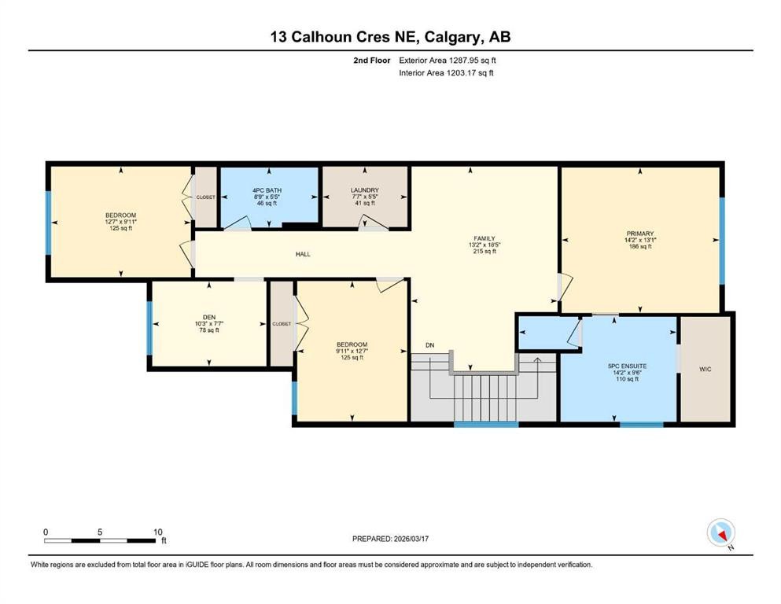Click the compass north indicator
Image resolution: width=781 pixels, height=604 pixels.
pyautogui.click(x=720, y=533)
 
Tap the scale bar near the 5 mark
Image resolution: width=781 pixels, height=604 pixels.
pyautogui.click(x=100, y=540)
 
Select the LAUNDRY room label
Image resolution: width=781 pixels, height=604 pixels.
pyautogui.click(x=364, y=190)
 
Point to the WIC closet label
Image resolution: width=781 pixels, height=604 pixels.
pyautogui.click(x=705, y=369)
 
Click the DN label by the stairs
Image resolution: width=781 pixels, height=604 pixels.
pyautogui.click(x=429, y=345)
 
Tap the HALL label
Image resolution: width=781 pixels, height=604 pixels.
pyautogui.click(x=303, y=254)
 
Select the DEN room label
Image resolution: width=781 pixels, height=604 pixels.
pyautogui.click(x=208, y=317)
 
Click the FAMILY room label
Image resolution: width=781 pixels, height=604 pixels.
pyautogui.click(x=483, y=238)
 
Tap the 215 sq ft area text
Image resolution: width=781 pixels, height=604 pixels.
pyautogui.click(x=483, y=252)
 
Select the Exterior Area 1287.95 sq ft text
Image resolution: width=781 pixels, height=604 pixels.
pyautogui.click(x=448, y=60)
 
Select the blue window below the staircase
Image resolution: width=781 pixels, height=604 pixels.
pyautogui.click(x=485, y=425)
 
